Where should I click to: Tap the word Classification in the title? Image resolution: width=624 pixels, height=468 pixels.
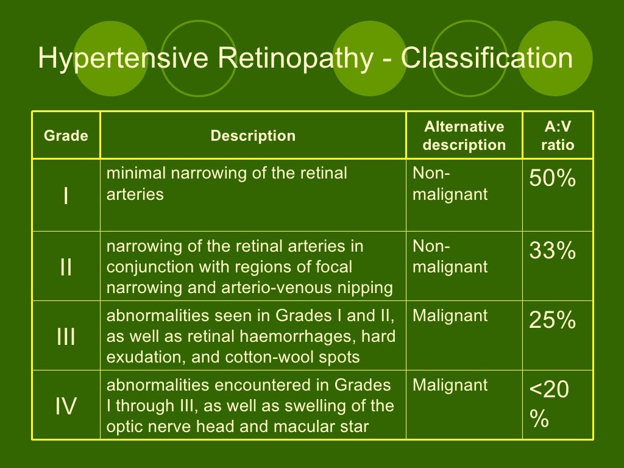[487, 59]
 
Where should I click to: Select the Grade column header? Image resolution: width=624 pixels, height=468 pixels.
[66, 136]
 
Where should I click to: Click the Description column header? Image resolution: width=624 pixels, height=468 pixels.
[253, 136]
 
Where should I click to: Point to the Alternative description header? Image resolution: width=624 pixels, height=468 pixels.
[464, 136]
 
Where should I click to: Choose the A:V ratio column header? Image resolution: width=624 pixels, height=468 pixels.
[558, 136]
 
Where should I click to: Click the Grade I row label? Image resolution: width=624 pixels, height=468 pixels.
[66, 196]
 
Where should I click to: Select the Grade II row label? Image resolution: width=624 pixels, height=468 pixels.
[66, 267]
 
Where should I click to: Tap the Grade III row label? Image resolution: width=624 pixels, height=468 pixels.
[66, 336]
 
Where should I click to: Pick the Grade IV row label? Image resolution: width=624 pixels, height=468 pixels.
[66, 406]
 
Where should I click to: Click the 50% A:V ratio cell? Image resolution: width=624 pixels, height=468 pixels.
[552, 179]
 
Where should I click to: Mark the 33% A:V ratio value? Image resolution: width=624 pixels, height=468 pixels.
[552, 251]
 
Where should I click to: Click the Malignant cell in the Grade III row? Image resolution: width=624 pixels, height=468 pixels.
[450, 316]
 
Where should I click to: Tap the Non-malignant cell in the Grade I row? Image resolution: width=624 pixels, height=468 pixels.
[450, 184]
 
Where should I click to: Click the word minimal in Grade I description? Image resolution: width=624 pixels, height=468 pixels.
[136, 173]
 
